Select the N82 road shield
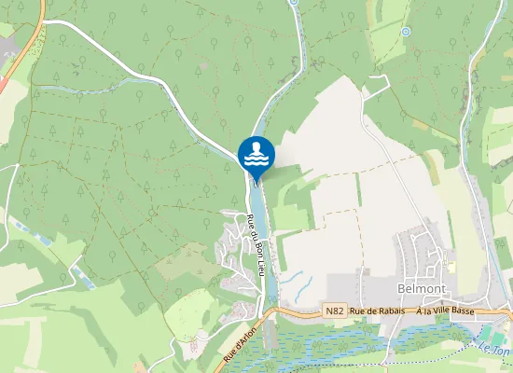click(335, 311)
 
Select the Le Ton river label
click(496, 349)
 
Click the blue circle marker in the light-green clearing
click(405, 32)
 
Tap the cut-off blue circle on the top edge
click(292, 2)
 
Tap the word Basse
click(464, 311)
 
